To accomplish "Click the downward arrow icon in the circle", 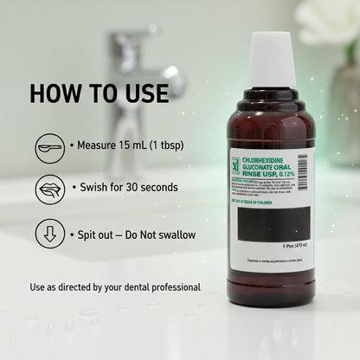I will (49, 235).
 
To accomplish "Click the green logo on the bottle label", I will (235, 164).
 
